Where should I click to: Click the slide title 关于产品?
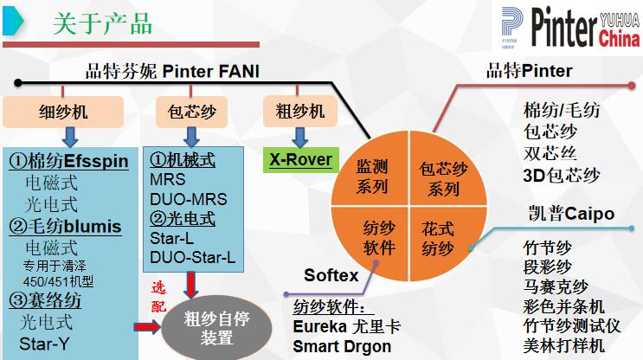[x=102, y=23]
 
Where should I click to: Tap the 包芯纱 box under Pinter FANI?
[x=191, y=111]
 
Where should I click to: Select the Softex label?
[x=331, y=275]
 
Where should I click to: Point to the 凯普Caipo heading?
[x=570, y=213]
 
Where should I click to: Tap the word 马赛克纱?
[x=556, y=286]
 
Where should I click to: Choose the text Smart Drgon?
[x=342, y=346]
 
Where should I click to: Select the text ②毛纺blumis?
[x=65, y=228]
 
